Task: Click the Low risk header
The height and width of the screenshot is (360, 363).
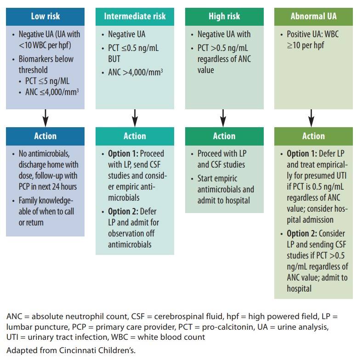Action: (45, 17)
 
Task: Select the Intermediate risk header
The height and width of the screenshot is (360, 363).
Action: (135, 17)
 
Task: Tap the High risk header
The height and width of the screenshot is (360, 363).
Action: (224, 17)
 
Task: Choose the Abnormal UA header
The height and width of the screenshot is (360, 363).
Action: (313, 17)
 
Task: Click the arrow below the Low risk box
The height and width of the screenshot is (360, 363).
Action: (45, 118)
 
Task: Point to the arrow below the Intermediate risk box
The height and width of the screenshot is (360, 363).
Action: (135, 118)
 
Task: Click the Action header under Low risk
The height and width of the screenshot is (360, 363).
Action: (45, 136)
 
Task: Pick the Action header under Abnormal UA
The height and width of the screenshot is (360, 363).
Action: (313, 136)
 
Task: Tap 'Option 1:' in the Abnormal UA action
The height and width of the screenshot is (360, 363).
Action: (303, 153)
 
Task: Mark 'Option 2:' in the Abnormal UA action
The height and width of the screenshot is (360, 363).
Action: (303, 233)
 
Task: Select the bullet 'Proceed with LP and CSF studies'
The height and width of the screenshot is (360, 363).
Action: (221, 159)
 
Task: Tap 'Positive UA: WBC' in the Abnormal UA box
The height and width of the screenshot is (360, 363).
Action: (312, 34)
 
